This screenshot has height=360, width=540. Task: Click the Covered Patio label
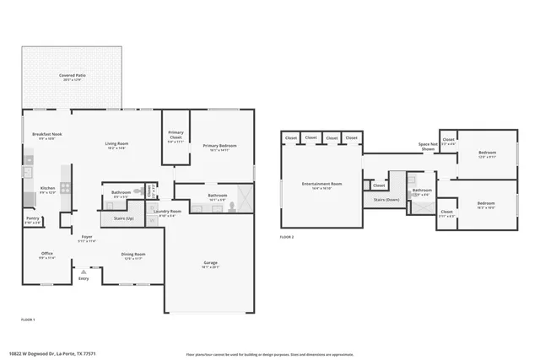point(71,76)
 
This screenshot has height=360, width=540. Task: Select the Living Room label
point(116,144)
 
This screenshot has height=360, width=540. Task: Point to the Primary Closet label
point(175,134)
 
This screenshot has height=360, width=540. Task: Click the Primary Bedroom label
point(219,146)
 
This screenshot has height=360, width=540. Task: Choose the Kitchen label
point(48,188)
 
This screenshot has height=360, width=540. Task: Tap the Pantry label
point(32,218)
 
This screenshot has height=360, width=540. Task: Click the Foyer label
point(86,237)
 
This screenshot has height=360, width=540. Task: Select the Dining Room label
point(133,254)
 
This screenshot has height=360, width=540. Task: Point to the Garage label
point(210,263)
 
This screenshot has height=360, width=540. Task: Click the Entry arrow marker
point(84,271)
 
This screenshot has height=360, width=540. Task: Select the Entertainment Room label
point(322,184)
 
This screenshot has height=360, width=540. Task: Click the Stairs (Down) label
point(386,199)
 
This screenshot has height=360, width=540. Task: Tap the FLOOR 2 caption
point(288,237)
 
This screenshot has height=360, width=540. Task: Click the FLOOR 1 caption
point(29,320)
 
